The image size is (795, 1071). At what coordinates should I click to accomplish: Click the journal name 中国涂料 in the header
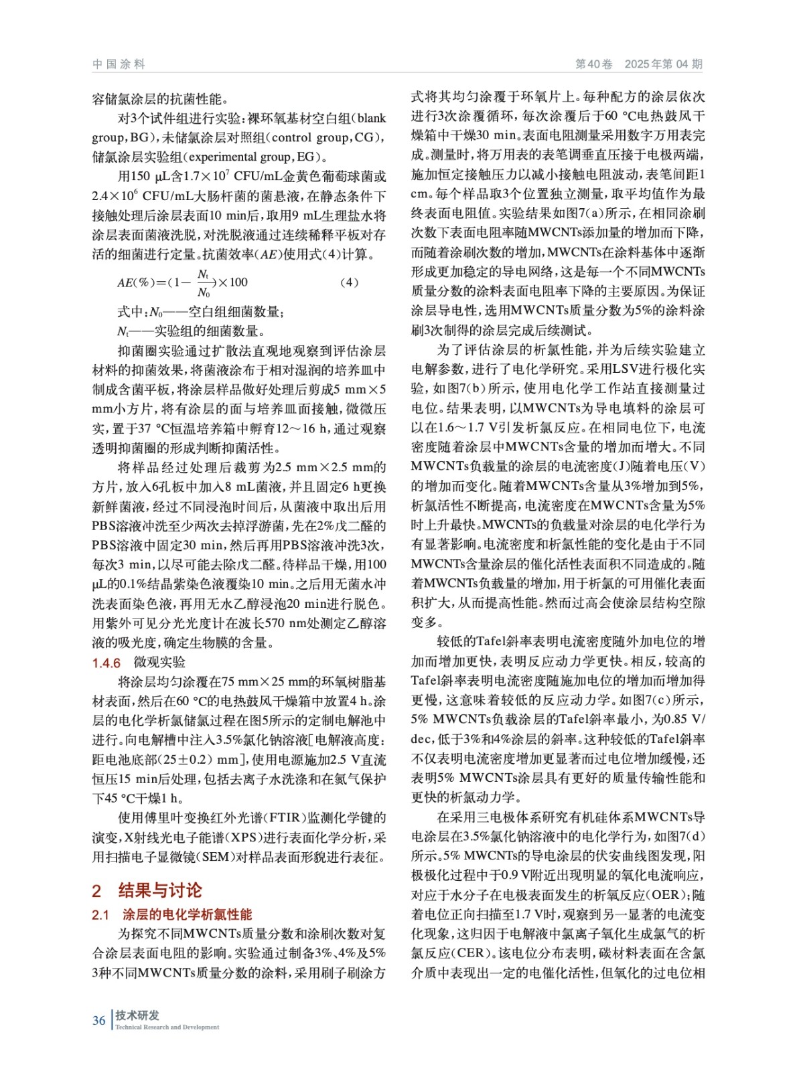pos(119,64)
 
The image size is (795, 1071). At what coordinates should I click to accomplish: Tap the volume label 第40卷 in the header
pos(594,64)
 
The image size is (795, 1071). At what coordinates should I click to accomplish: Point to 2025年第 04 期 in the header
pos(663,64)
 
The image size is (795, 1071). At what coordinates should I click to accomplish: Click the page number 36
pos(99,1020)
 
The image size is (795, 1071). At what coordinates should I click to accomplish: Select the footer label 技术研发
pos(137,1015)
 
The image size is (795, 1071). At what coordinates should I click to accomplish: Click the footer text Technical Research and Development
pos(167,1027)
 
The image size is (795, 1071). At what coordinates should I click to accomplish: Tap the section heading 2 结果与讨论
pos(147,890)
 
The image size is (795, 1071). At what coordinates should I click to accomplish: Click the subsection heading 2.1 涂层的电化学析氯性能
pos(172,914)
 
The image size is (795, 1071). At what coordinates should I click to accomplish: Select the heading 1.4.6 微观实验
pos(139,662)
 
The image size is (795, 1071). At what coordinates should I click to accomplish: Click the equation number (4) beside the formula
pos(349,282)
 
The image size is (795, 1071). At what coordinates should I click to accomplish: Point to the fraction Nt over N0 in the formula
pos(204,283)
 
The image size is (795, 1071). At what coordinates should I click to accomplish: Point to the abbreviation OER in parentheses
pos(666,895)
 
